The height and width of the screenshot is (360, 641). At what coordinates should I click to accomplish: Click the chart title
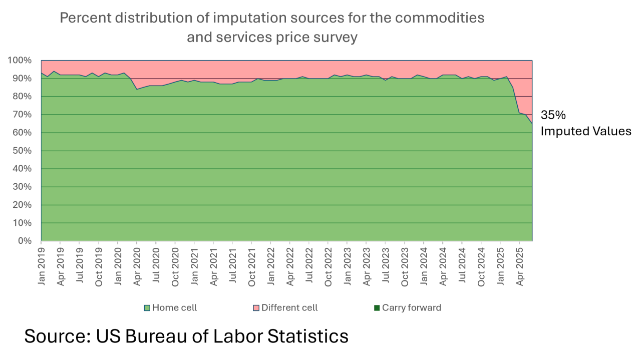pyautogui.click(x=272, y=28)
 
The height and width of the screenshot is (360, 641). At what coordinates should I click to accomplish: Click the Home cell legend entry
pyautogui.click(x=174, y=308)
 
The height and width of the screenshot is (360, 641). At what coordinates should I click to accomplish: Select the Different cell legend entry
pyautogui.click(x=289, y=308)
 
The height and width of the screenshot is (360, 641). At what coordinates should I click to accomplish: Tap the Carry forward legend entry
pyautogui.click(x=411, y=308)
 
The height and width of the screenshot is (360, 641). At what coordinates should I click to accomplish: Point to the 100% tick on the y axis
pyautogui.click(x=20, y=61)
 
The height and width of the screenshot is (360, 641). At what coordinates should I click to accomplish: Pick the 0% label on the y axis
pyautogui.click(x=24, y=241)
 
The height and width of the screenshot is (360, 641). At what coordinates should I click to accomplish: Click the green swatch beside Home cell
pyautogui.click(x=147, y=308)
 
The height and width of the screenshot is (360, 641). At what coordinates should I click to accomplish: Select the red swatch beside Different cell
pyautogui.click(x=256, y=308)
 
